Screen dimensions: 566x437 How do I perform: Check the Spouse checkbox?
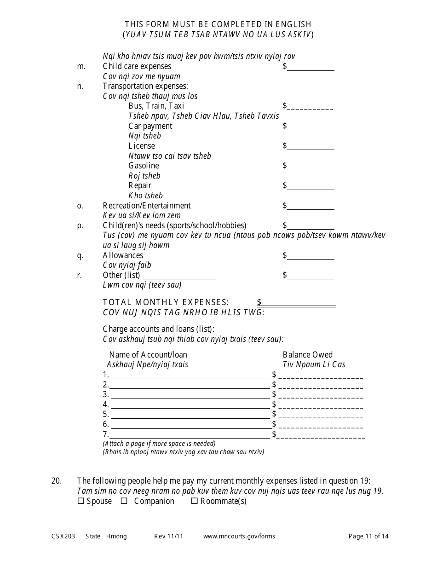pyautogui.click(x=80, y=501)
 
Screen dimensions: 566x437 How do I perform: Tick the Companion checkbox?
pyautogui.click(x=124, y=501)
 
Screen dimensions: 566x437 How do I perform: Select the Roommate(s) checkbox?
pyautogui.click(x=194, y=501)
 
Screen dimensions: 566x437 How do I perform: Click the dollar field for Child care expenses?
pyautogui.click(x=311, y=67)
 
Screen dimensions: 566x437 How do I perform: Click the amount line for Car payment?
pyautogui.click(x=311, y=127)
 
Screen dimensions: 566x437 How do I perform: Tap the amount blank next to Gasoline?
pyautogui.click(x=311, y=166)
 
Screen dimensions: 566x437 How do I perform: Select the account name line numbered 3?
pyautogui.click(x=190, y=395)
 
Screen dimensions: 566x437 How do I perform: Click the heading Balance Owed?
pyautogui.click(x=307, y=355)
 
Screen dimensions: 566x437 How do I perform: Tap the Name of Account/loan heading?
pyautogui.click(x=148, y=355)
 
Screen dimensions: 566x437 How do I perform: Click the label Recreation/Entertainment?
pyautogui.click(x=146, y=206)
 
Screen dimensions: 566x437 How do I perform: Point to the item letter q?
pyautogui.click(x=80, y=256)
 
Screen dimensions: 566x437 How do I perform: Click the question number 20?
pyautogui.click(x=56, y=481)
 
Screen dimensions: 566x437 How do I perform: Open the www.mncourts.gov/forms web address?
pyautogui.click(x=239, y=536)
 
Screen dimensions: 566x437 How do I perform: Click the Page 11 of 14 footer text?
pyautogui.click(x=368, y=536)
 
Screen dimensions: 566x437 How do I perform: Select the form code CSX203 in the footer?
pyautogui.click(x=61, y=536)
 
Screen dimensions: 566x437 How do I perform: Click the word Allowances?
pyautogui.click(x=123, y=255)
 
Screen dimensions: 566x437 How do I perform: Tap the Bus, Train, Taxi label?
pyautogui.click(x=156, y=106)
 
